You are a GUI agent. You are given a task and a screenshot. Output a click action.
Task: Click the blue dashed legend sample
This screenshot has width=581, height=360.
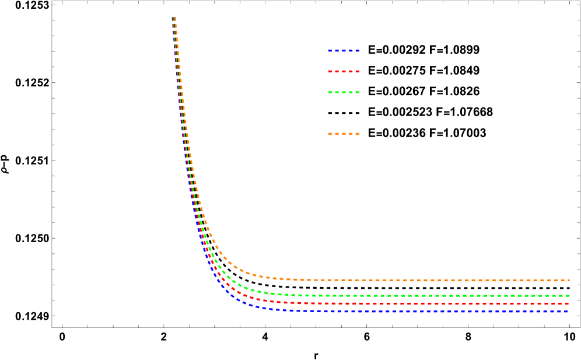[x=343, y=51]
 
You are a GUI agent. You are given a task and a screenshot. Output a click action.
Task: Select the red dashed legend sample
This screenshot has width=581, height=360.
[x=343, y=71]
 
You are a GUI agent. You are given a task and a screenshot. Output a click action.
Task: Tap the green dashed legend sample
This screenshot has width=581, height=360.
[x=343, y=92]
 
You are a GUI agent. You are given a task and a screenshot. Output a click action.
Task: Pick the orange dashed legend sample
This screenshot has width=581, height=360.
[x=343, y=134]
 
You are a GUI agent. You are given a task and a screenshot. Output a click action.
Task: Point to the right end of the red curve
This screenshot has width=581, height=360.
[x=568, y=303]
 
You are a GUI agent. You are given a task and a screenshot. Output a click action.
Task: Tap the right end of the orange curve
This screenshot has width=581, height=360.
[x=569, y=280]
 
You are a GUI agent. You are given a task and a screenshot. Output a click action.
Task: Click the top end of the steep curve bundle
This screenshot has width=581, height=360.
[x=174, y=19]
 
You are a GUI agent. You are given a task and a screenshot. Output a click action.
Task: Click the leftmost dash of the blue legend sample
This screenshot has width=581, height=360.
[x=330, y=51]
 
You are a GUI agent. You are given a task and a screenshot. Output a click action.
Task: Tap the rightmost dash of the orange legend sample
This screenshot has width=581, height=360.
[x=357, y=134]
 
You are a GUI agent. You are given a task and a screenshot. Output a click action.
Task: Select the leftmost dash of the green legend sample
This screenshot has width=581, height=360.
[x=330, y=92]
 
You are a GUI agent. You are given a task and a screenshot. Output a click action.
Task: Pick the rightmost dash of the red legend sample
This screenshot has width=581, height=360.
[x=357, y=71]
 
